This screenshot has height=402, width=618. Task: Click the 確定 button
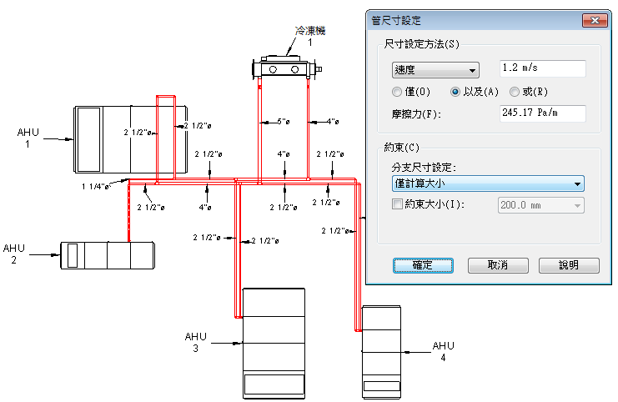(422, 265)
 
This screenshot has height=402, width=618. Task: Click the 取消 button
(498, 265)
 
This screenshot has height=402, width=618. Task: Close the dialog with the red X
(593, 20)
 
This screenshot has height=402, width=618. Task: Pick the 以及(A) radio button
(455, 91)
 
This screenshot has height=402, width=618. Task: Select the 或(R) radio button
(515, 91)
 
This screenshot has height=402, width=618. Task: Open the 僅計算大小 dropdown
(486, 184)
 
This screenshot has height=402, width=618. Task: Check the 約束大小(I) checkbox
(396, 204)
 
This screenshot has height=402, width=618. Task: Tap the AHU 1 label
(28, 138)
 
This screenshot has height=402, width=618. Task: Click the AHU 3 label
(195, 342)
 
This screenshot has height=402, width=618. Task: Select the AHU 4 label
(443, 351)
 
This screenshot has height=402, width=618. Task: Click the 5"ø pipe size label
(284, 123)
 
